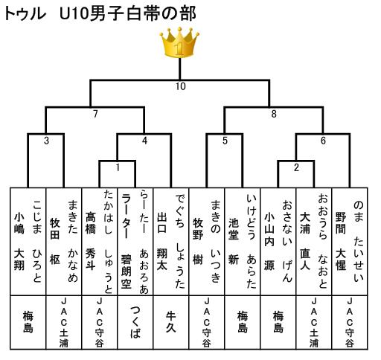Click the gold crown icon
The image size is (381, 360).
click(x=179, y=42)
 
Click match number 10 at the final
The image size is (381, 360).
click(x=181, y=86)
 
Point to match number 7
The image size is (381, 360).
click(x=95, y=114)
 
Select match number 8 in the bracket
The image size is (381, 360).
click(x=274, y=114)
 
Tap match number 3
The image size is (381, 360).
click(x=46, y=141)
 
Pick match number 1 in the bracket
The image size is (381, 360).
click(x=118, y=167)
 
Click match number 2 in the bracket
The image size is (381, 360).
click(x=296, y=167)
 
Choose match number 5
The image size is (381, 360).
click(x=225, y=141)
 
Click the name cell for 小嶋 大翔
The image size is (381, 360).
click(x=28, y=242)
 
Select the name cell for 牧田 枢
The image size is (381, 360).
click(x=64, y=242)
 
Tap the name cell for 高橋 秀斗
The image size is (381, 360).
click(x=100, y=242)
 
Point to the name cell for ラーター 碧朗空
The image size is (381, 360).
click(x=135, y=242)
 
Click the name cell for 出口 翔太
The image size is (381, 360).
click(x=171, y=242)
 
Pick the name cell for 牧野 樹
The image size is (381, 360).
click(x=207, y=242)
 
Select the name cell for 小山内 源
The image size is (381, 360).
click(x=278, y=242)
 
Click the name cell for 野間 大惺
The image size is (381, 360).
click(x=350, y=242)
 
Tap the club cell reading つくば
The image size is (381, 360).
click(x=135, y=322)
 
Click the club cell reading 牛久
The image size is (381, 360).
click(x=171, y=322)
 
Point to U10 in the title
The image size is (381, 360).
click(x=74, y=13)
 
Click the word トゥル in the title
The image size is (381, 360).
click(x=25, y=13)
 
